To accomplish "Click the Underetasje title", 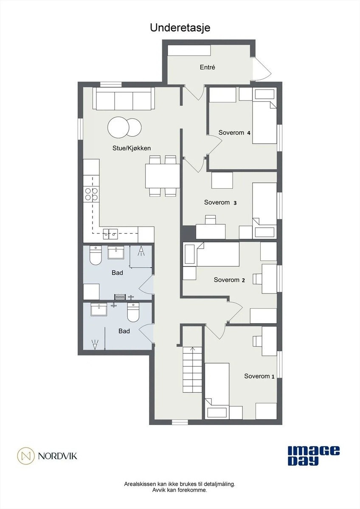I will (x=180, y=28).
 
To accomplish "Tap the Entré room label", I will (x=208, y=67).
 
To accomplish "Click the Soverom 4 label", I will (x=234, y=133).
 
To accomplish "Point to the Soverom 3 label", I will (x=220, y=203).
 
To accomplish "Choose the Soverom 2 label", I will (x=230, y=280).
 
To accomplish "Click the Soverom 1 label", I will (x=259, y=376).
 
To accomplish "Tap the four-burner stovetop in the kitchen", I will (x=91, y=194).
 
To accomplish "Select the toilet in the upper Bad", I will (x=96, y=256).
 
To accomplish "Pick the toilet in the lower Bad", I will (x=133, y=313).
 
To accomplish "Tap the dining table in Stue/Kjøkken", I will (x=162, y=176).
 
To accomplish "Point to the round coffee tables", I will (x=124, y=127).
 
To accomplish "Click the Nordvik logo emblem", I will (x=26, y=456).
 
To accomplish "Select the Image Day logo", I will (x=313, y=456).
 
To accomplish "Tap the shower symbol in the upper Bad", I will (x=141, y=253).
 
